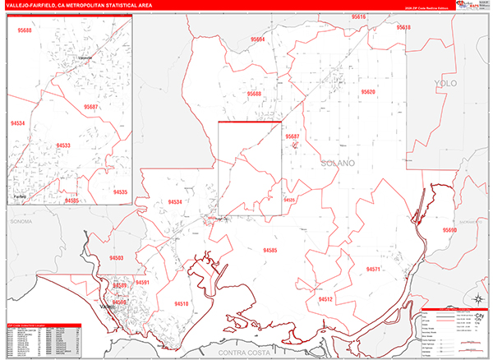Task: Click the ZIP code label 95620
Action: coord(367,91)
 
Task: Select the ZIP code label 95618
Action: coord(403,27)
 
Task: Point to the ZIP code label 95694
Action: coord(258,39)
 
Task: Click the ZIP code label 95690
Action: coord(449,230)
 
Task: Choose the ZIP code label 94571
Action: coord(374,269)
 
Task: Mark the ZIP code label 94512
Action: coord(325,299)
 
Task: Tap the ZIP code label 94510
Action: coord(182,303)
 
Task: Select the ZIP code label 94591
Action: coord(143,283)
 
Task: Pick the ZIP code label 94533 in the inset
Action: coord(63,145)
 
